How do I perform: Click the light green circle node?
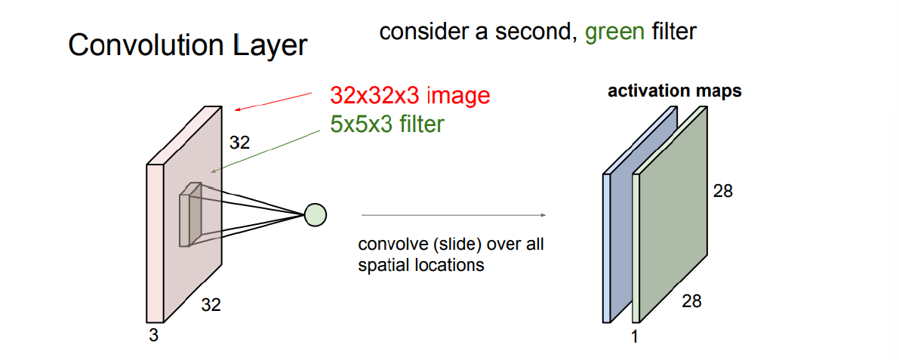pyautogui.click(x=315, y=215)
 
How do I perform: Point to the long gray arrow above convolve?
pyautogui.click(x=453, y=215)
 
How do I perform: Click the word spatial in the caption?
pyautogui.click(x=383, y=266)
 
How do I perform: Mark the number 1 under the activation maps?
pyautogui.click(x=634, y=337)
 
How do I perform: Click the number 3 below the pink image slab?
pyautogui.click(x=153, y=336)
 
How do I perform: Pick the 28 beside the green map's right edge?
pyautogui.click(x=723, y=191)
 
